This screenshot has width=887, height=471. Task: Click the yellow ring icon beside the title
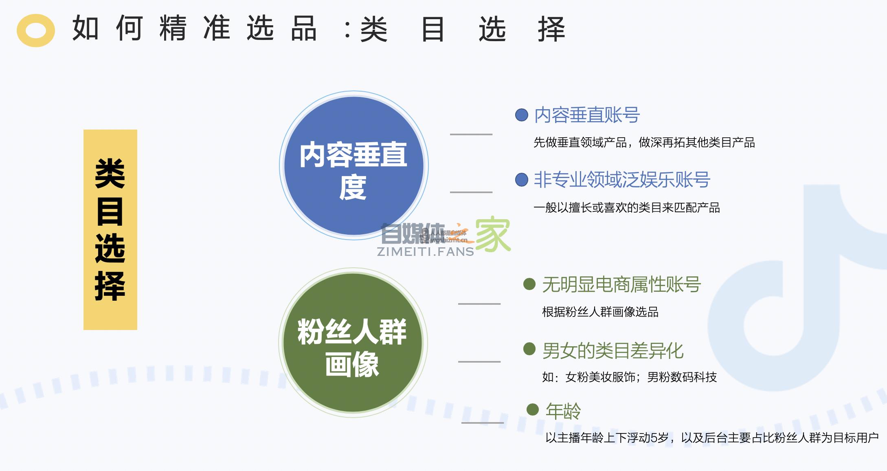36,31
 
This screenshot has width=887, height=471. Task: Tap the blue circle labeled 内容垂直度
353,165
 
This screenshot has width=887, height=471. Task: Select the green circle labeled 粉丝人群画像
353,343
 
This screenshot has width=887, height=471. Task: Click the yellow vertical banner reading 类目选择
110,229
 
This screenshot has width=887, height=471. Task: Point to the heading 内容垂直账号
587,115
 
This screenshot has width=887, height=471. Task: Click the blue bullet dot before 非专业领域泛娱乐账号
522,180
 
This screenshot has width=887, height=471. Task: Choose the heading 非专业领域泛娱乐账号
622,180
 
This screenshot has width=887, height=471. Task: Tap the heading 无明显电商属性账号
621,284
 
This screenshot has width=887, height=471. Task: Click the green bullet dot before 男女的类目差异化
529,349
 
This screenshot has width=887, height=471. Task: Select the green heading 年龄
563,411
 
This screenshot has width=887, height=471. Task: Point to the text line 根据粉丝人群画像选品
600,312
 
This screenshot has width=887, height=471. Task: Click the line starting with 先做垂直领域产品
644,143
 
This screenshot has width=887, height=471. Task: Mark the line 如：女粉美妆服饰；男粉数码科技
629,377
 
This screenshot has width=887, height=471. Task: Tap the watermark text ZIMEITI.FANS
425,252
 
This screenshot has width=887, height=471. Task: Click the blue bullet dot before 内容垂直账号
522,115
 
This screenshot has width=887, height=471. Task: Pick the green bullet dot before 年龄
533,409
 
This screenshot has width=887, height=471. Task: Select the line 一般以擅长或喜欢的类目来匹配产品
626,208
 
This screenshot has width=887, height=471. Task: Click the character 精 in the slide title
173,29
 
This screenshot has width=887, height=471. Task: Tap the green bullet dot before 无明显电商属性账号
529,284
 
